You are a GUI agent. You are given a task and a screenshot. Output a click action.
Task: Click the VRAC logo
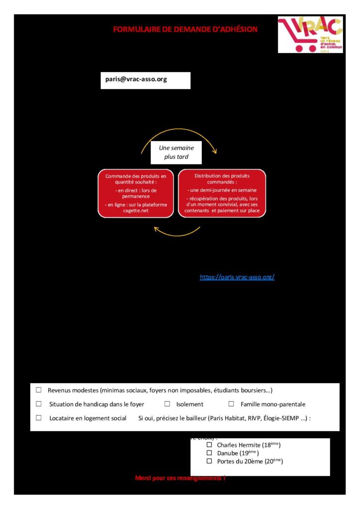pyautogui.click(x=310, y=34)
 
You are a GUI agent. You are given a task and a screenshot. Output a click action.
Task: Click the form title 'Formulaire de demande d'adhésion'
pyautogui.click(x=185, y=29)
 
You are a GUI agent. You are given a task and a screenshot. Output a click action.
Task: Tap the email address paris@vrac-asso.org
pyautogui.click(x=136, y=79)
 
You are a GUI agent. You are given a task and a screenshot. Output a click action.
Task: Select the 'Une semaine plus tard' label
pyautogui.click(x=176, y=153)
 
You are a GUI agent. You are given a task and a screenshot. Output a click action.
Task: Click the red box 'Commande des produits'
pyautogui.click(x=136, y=193)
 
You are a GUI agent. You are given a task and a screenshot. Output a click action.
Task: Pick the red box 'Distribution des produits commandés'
pyautogui.click(x=222, y=193)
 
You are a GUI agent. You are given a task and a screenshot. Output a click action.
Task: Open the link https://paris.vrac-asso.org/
pyautogui.click(x=237, y=277)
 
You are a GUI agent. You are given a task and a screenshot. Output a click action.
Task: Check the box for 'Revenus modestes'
pyautogui.click(x=39, y=390)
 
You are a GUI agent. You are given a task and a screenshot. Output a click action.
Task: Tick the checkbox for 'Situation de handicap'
pyautogui.click(x=39, y=404)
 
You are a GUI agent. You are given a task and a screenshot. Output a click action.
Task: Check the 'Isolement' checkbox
pyautogui.click(x=167, y=404)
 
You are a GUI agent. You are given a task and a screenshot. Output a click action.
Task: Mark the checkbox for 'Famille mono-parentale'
pyautogui.click(x=231, y=404)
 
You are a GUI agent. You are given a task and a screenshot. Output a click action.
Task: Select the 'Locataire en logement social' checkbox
pyautogui.click(x=39, y=418)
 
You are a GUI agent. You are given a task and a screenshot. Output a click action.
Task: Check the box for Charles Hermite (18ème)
pyautogui.click(x=209, y=445)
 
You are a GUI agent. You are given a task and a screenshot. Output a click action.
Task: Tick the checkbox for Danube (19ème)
pyautogui.click(x=209, y=453)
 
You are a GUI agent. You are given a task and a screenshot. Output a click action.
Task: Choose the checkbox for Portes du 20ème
pyautogui.click(x=209, y=462)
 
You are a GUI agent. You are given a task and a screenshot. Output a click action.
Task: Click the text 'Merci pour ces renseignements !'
pyautogui.click(x=180, y=478)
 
